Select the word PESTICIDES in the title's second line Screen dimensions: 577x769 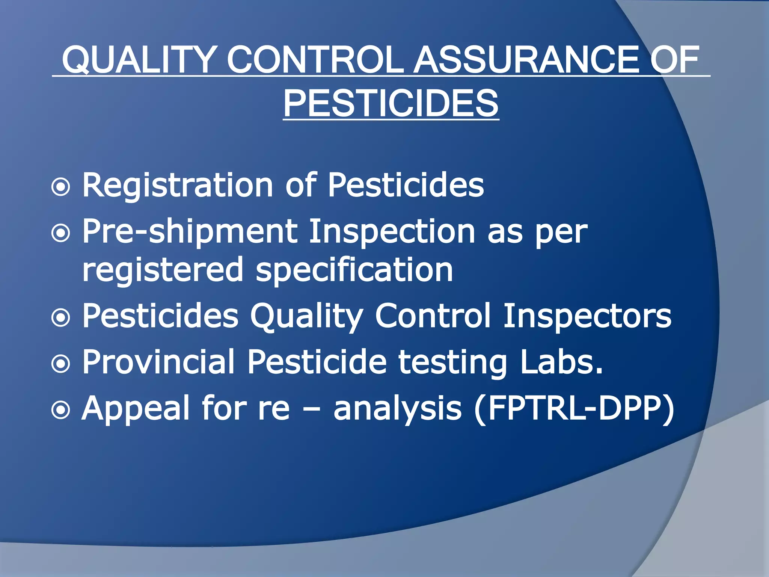(x=391, y=103)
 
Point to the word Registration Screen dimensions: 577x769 (x=177, y=185)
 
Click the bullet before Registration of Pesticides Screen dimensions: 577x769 (x=61, y=187)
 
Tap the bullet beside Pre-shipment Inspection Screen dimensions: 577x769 (x=61, y=233)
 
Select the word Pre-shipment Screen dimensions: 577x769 (x=190, y=232)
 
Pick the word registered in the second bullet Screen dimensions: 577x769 (x=163, y=270)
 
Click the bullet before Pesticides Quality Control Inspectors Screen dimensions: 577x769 (x=61, y=317)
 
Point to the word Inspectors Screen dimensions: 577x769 (x=587, y=316)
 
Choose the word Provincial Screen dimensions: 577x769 (x=158, y=362)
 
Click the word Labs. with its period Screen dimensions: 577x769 (x=561, y=362)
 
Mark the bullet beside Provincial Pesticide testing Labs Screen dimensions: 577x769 (x=61, y=364)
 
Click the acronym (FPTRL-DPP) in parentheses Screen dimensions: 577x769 (x=574, y=409)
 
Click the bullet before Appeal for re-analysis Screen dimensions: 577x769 (x=61, y=410)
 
